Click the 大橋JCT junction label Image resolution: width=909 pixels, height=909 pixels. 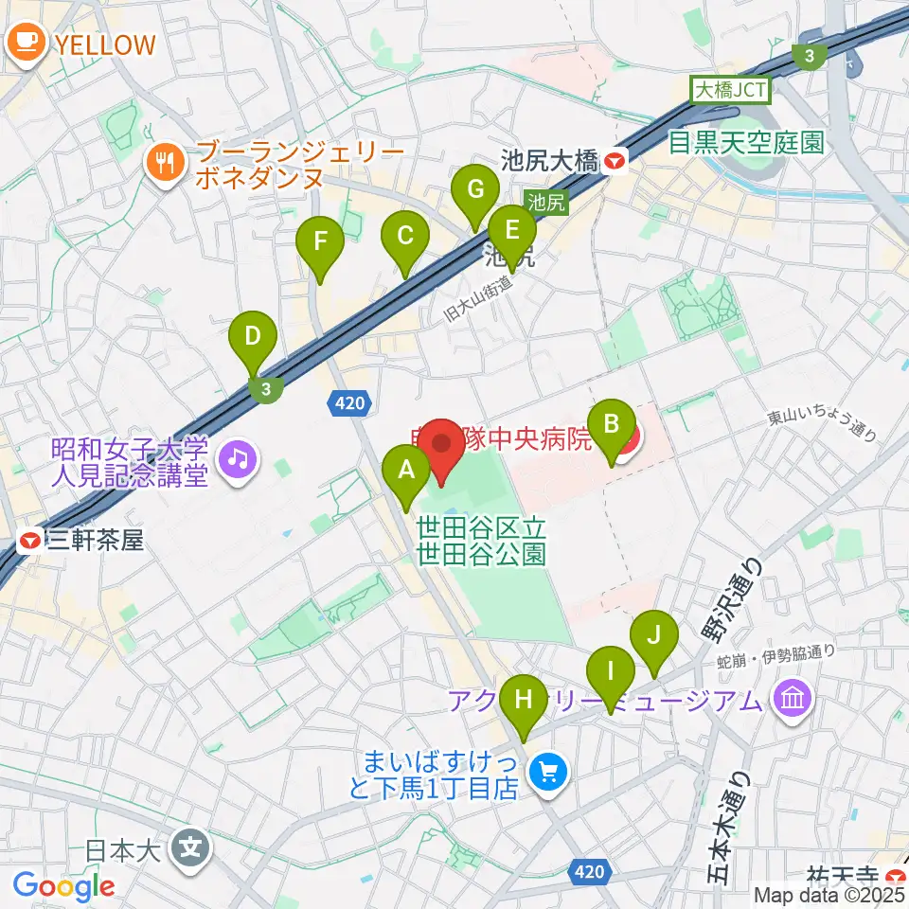(x=730, y=91)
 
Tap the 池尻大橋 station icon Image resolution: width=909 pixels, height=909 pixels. (x=616, y=162)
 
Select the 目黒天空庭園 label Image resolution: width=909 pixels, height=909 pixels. (x=746, y=143)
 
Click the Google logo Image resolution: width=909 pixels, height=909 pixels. (x=64, y=886)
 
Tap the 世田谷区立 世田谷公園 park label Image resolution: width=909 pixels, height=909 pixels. (x=481, y=541)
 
